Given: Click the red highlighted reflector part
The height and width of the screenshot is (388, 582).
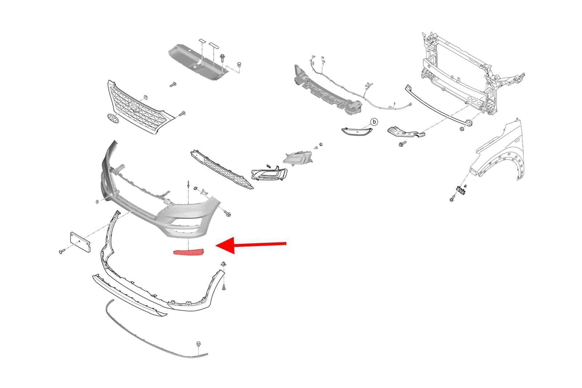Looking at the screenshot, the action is [189, 252].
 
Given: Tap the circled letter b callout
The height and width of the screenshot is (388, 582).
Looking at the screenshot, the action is [374, 122].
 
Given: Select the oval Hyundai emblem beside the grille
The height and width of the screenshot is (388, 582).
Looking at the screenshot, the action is [113, 119].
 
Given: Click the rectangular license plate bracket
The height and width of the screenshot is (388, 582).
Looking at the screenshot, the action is [80, 242].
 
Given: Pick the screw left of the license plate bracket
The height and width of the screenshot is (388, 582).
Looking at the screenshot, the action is [62, 251].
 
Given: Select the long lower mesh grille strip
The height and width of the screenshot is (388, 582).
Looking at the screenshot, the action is [222, 169].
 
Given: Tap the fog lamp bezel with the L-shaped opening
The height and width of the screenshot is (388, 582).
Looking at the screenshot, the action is [269, 173].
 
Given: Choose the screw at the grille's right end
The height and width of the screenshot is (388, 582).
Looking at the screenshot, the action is [182, 114].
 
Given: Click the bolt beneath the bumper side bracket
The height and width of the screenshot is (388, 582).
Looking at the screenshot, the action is [402, 143].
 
